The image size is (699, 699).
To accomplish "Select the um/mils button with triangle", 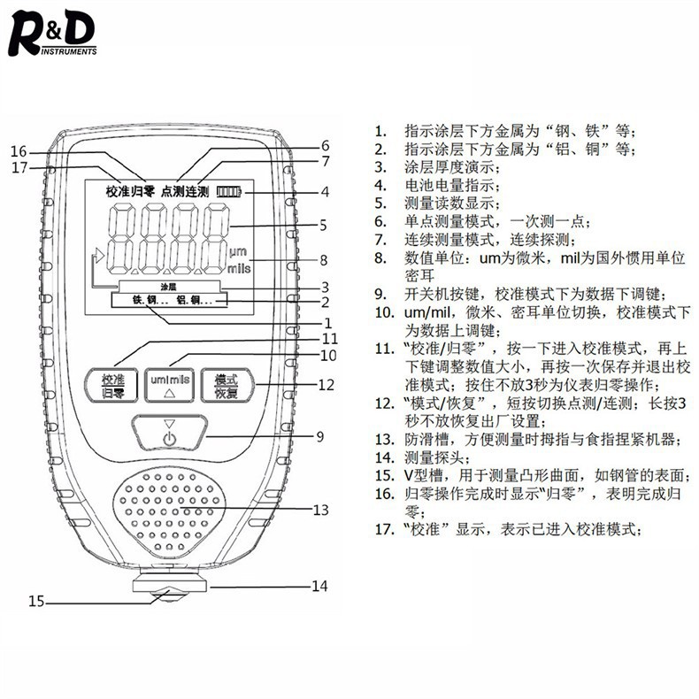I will click(x=171, y=384).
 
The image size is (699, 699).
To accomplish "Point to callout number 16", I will click(x=19, y=150).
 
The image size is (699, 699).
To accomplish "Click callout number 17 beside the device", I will click(x=19, y=167).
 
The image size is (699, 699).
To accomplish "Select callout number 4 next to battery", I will click(x=325, y=191).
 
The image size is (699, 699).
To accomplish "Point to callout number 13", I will click(x=321, y=510).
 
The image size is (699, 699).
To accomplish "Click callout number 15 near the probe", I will click(x=35, y=601).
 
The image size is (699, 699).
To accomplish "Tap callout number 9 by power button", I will click(x=320, y=435).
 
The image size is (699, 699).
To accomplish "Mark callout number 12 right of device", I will click(x=326, y=385).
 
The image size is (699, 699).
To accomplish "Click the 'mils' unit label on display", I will click(x=240, y=265).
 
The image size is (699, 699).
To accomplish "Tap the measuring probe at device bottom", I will click(x=172, y=588).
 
